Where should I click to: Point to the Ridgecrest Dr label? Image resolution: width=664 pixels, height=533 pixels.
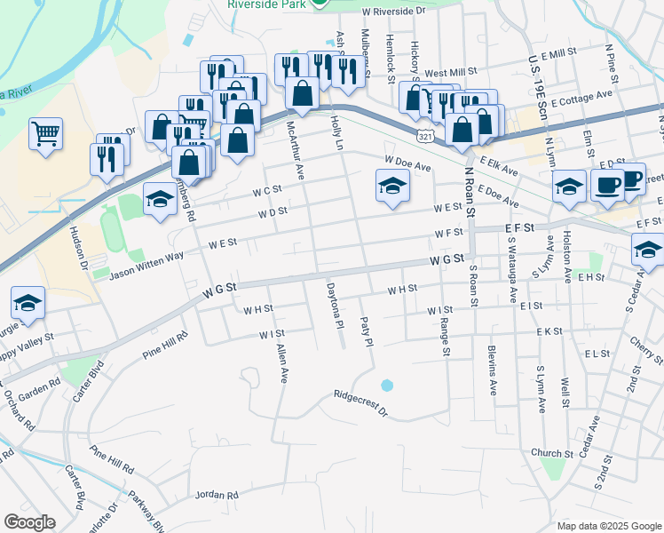[361, 402]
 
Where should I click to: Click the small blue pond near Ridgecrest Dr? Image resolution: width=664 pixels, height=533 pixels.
[386, 386]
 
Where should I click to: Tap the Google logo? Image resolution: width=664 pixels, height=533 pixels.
[29, 521]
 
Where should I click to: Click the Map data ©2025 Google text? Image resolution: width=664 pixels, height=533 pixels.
[609, 526]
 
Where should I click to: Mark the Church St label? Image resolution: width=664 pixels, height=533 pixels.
[547, 453]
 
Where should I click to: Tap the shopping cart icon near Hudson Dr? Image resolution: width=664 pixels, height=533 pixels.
[45, 135]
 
